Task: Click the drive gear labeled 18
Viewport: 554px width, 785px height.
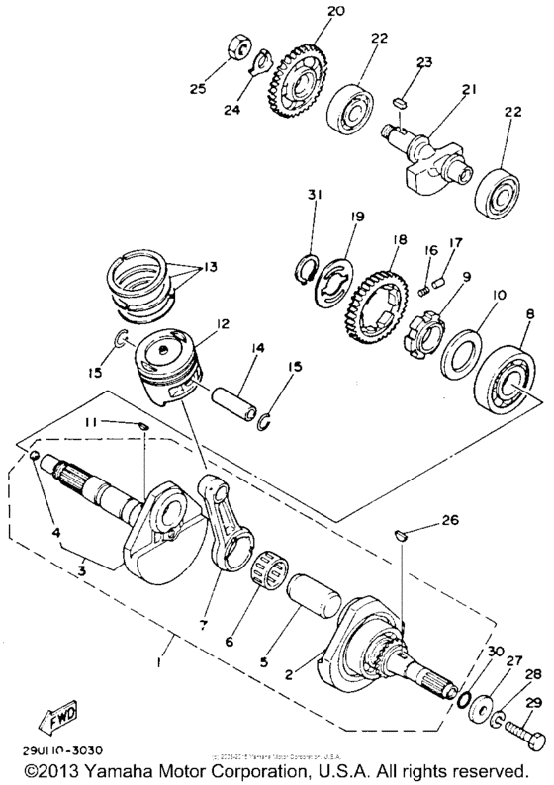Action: (x=374, y=297)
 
